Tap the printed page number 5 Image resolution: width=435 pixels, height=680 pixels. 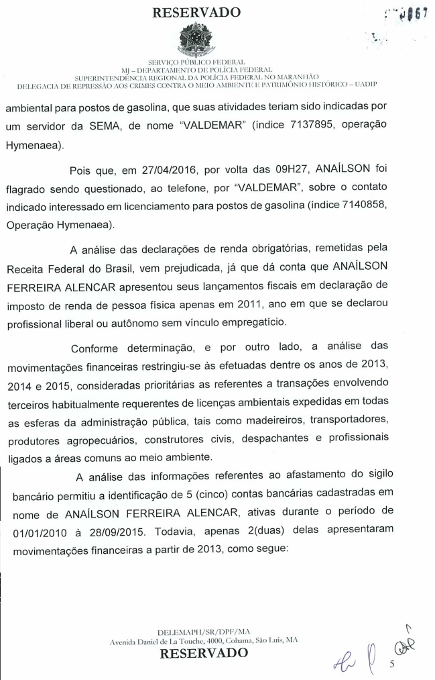click(393, 659)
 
